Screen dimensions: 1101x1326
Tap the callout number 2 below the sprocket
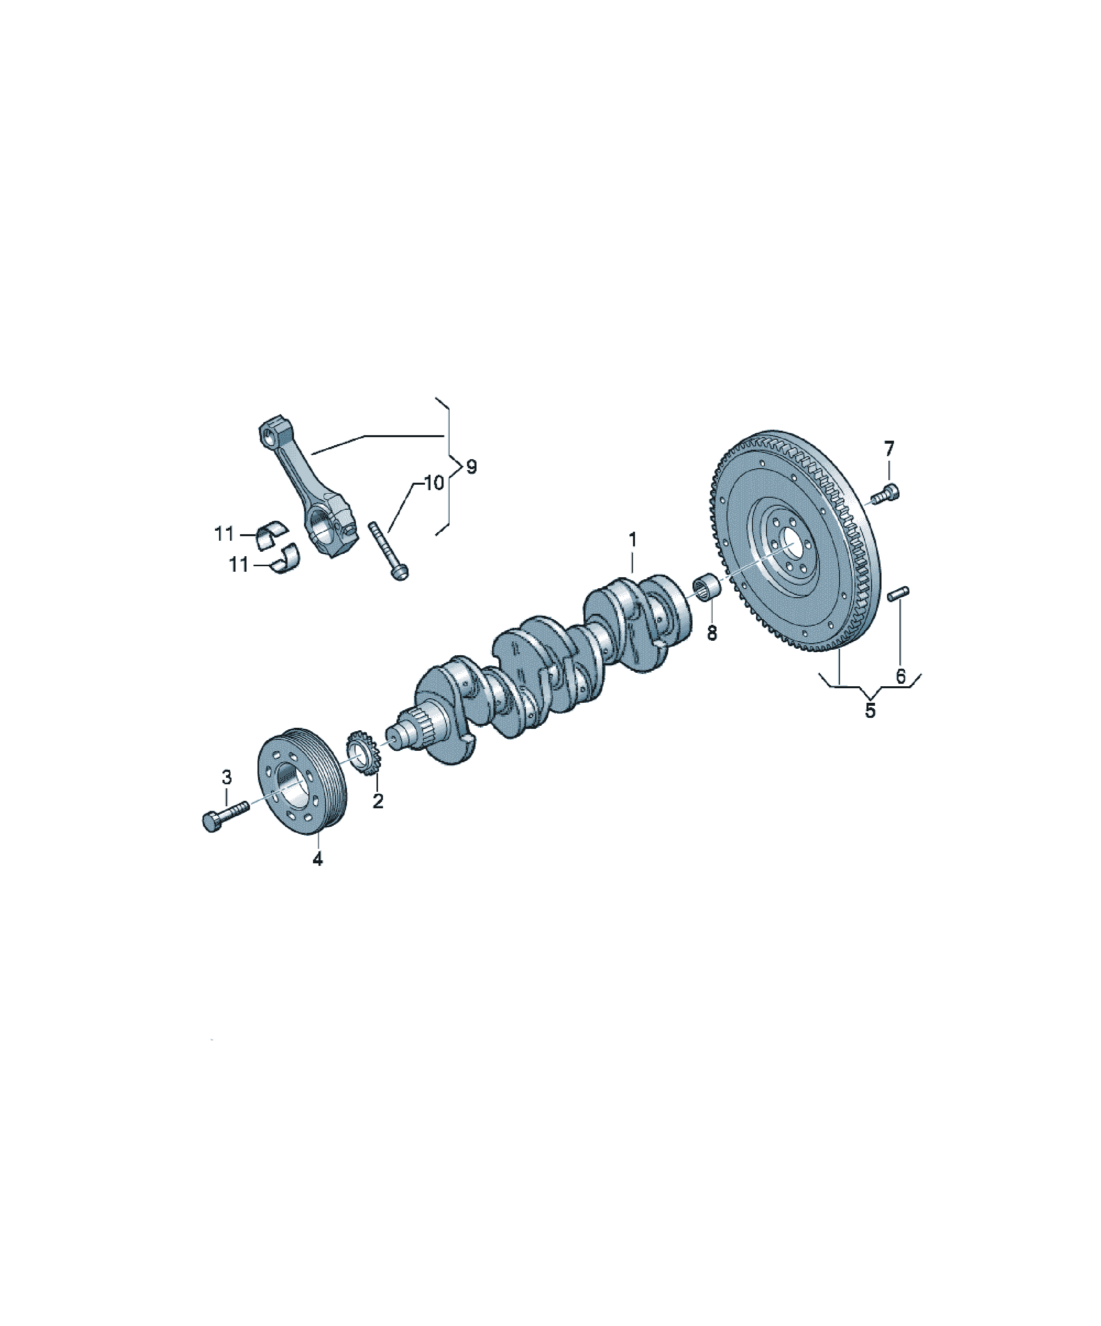(378, 801)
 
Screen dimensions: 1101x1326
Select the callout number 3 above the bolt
(226, 778)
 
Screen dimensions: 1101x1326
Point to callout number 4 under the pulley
(317, 859)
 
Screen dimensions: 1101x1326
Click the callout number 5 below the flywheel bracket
(870, 710)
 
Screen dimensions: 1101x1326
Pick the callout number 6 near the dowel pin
(901, 676)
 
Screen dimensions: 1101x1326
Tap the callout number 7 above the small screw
(889, 449)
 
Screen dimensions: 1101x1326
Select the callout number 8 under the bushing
(712, 633)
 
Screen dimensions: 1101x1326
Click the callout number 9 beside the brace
(471, 467)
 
